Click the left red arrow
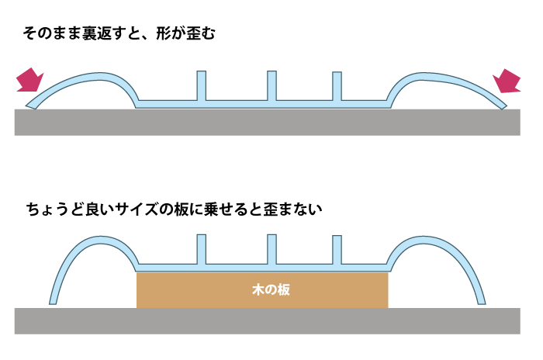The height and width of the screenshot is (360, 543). tap(29, 80)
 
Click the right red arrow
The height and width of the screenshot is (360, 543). tap(507, 81)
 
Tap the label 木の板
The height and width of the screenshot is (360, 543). tap(271, 289)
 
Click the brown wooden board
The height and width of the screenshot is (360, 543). tap(262, 290)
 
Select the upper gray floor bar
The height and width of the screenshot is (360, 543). tap(268, 123)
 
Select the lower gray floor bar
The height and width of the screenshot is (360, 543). tap(268, 321)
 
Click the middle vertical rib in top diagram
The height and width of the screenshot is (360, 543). tap(271, 86)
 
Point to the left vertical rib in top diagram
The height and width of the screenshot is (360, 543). tap(202, 86)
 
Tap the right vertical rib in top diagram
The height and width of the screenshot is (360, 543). tap(337, 86)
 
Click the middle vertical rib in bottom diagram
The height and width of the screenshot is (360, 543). tap(271, 250)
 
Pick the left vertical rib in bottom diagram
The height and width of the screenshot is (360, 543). tap(202, 250)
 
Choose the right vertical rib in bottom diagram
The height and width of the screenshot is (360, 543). tap(337, 250)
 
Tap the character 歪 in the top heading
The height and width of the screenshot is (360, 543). tap(192, 33)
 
